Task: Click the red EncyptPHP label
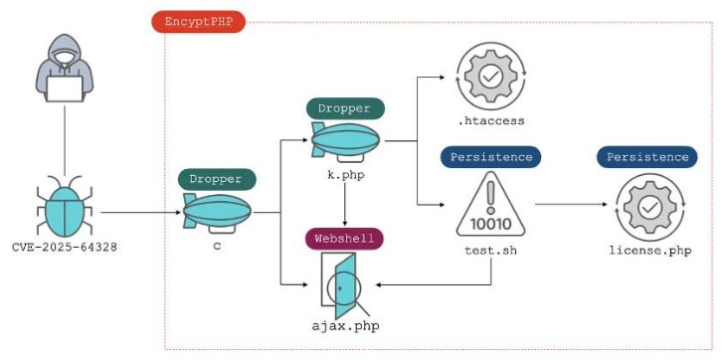click(197, 21)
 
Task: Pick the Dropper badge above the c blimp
click(217, 180)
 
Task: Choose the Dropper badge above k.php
click(344, 108)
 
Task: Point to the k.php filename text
click(344, 174)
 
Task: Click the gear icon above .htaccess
click(490, 77)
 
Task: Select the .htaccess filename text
click(491, 121)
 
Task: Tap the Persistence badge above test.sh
click(490, 157)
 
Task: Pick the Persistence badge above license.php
click(646, 157)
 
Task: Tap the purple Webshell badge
click(344, 239)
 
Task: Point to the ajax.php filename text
click(345, 325)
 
